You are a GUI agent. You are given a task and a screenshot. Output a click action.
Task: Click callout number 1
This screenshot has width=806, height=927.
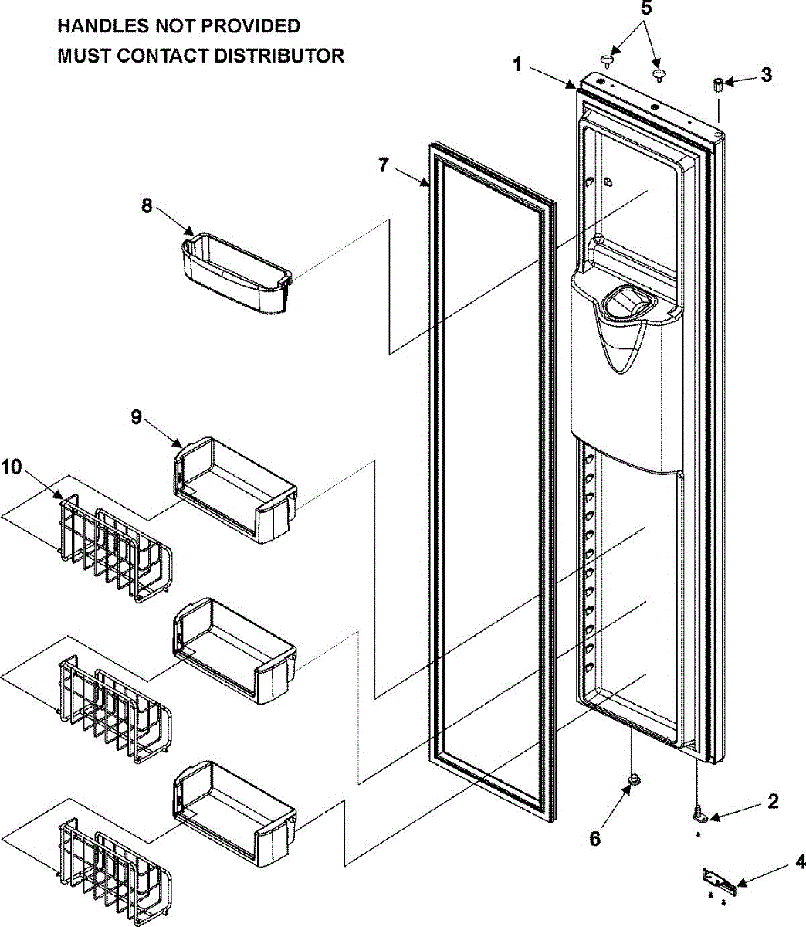tap(519, 65)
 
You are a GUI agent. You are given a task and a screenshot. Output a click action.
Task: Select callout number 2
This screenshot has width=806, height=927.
tap(773, 801)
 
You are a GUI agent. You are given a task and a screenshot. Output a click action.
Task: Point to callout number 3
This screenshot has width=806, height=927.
tap(765, 75)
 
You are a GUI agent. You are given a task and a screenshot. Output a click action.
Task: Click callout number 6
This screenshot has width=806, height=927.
tap(594, 838)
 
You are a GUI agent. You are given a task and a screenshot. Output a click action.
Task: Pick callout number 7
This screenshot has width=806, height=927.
tap(384, 165)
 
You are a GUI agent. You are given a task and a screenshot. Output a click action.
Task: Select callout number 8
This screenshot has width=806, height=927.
tap(147, 205)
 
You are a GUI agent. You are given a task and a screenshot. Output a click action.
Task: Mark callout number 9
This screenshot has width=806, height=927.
tap(136, 418)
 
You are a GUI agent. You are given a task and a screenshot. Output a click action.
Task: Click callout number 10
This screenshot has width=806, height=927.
tap(12, 467)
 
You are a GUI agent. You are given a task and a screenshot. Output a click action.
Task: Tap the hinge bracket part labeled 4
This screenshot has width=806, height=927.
tap(720, 880)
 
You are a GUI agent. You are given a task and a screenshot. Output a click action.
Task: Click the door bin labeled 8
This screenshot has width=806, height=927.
tap(235, 274)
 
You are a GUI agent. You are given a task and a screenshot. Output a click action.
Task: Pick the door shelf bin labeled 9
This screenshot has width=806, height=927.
tap(235, 491)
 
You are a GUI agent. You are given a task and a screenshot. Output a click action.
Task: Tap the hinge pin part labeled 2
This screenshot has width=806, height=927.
tap(699, 812)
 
